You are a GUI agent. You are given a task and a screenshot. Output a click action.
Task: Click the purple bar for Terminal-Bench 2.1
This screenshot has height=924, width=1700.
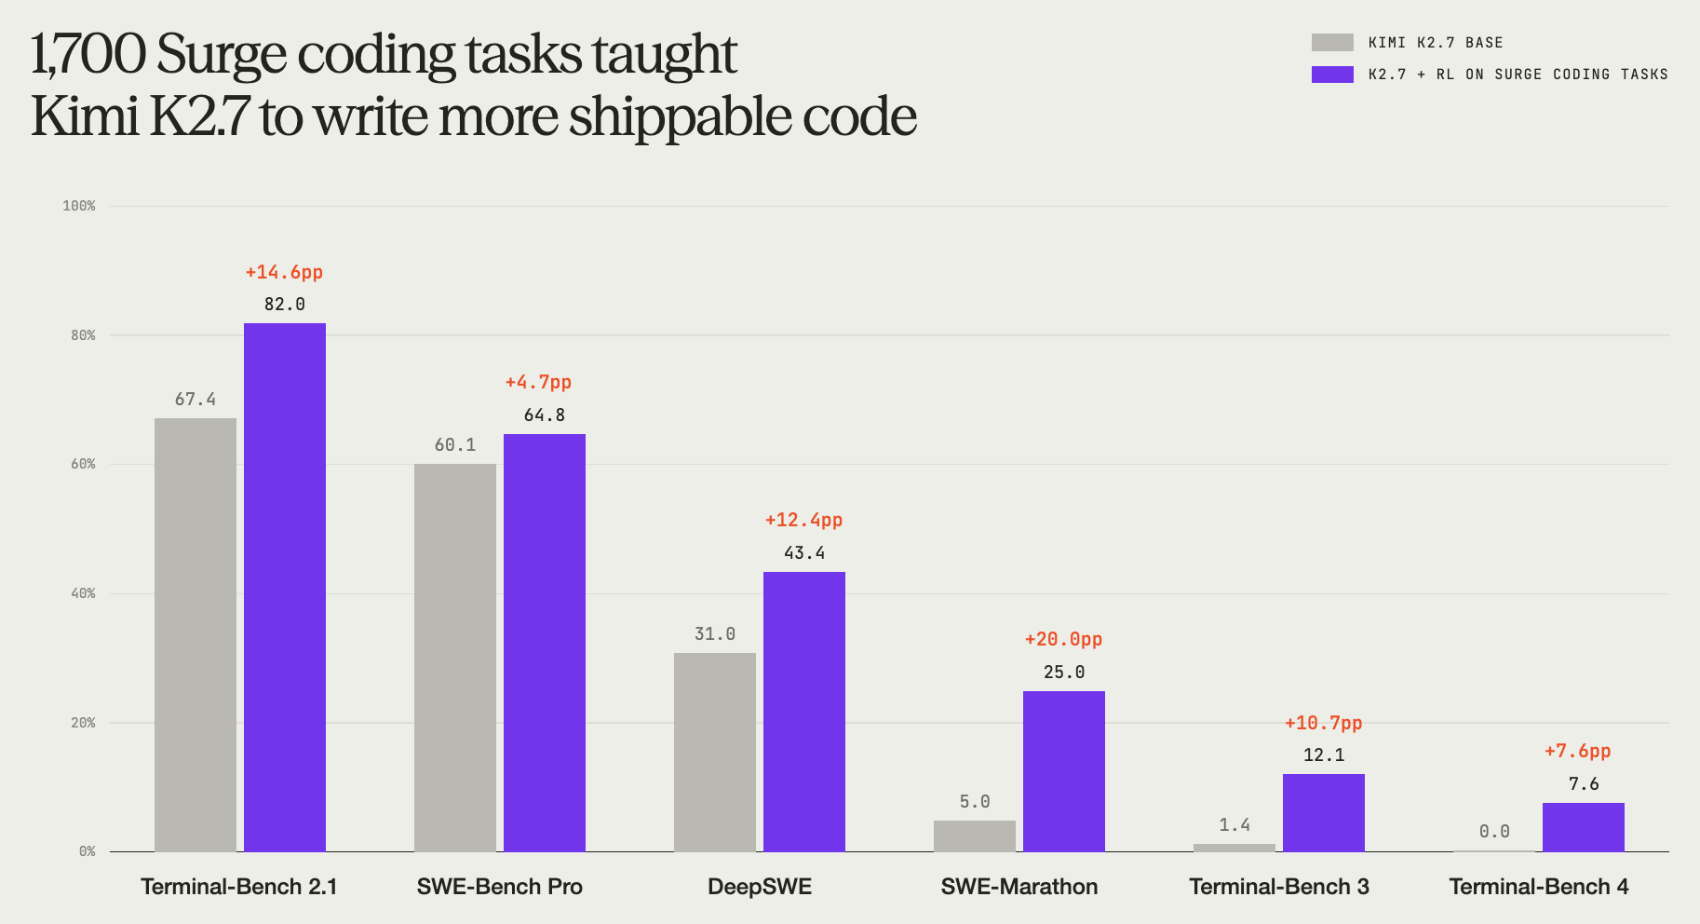(285, 587)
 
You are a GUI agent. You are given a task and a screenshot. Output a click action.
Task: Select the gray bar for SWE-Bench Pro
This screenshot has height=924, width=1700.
(455, 658)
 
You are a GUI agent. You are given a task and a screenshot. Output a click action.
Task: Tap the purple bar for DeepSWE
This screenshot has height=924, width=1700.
(804, 712)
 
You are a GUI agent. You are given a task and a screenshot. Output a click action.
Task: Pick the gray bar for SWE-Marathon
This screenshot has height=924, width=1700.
(975, 836)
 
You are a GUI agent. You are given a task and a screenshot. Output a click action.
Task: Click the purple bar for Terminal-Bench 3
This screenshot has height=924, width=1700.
(1324, 812)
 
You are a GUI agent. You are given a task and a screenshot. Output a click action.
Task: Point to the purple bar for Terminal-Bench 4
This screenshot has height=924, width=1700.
(1584, 827)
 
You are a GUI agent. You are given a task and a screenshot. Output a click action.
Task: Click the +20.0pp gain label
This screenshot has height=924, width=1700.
(1063, 639)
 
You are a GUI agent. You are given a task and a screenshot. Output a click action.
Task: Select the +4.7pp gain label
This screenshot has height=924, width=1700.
(538, 382)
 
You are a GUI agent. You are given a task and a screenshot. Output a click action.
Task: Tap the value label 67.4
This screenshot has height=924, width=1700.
(196, 400)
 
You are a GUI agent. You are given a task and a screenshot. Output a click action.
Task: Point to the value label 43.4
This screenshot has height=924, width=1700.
(804, 553)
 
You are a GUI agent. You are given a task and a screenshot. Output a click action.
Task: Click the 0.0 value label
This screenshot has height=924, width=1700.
(1494, 832)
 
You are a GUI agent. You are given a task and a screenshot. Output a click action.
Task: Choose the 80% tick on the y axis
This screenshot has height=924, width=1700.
(83, 335)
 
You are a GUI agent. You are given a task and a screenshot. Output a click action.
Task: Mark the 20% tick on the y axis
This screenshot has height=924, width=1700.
(83, 723)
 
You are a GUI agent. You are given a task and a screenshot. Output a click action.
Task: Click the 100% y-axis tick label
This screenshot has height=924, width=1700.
(79, 206)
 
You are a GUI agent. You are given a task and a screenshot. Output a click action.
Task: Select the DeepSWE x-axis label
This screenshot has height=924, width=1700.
(760, 887)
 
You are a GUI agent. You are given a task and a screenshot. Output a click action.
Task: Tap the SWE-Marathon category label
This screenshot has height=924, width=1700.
(1019, 887)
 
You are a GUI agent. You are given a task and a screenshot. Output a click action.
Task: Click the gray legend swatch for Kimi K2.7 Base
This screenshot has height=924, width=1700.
(1332, 42)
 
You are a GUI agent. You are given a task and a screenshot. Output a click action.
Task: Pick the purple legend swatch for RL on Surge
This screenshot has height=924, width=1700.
(1332, 74)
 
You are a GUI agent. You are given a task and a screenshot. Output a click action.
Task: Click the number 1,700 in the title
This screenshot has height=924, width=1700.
(88, 55)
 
